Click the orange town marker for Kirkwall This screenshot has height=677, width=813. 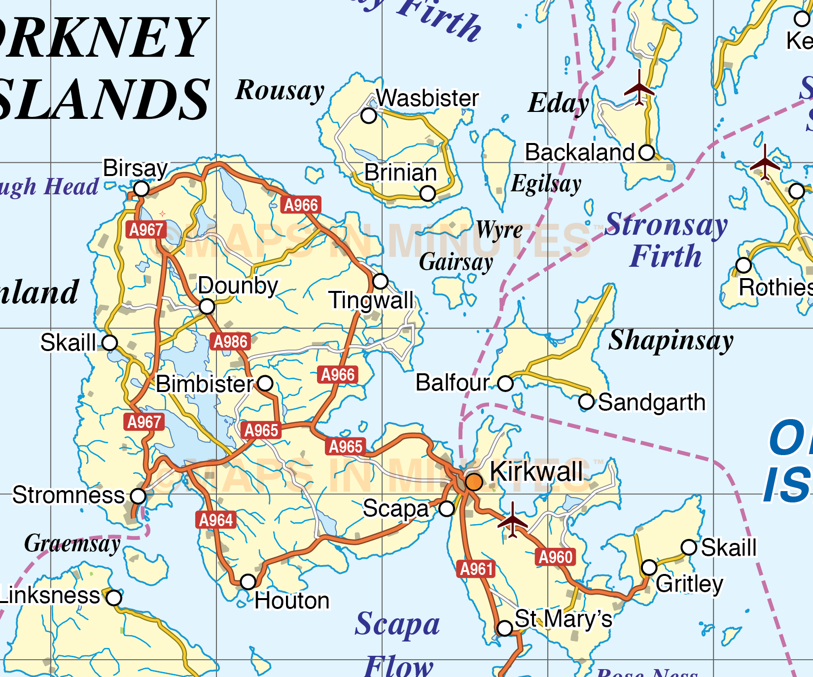pos(474,481)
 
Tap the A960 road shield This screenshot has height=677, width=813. pos(555,557)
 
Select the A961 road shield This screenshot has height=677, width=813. pos(476,569)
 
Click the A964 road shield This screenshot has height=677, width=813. pos(216,520)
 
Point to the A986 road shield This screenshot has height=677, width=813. pos(230,341)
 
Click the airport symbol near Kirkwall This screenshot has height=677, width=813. pos(513,520)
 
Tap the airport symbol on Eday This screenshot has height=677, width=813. pos(639,89)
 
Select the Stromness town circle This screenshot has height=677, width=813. pos(138,496)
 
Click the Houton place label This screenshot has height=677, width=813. pos(292,601)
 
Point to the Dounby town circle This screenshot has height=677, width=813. pos(207,307)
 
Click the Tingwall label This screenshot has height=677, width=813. pos(371,300)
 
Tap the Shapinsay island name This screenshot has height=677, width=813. pos(671,340)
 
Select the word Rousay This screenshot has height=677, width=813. pos(280,91)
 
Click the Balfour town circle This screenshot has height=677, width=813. pos(505,383)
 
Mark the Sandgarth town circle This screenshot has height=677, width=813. pos(586,401)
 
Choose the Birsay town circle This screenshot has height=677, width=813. pos(141,189)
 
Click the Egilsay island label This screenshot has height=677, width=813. pos(546,184)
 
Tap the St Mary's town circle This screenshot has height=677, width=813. pos(505,628)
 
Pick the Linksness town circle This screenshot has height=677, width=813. pos(114,598)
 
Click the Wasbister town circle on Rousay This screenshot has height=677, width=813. pos(369,116)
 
